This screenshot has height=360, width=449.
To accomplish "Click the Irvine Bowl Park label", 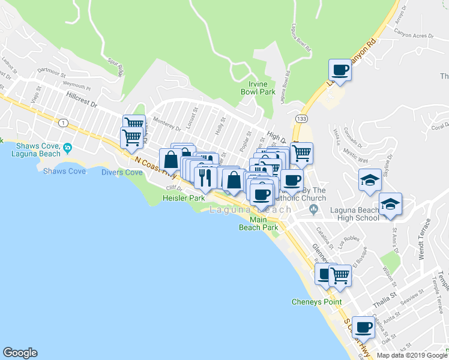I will (x=261, y=88).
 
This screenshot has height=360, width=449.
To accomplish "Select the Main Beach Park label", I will (x=259, y=223).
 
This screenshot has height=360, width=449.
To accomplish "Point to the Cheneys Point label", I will (x=316, y=302).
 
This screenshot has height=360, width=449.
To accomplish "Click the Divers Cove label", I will (x=122, y=172).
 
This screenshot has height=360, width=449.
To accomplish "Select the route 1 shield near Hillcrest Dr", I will (x=62, y=122).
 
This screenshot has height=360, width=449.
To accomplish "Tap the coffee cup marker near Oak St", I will (x=363, y=327).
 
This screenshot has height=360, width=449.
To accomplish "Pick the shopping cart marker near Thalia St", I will (x=340, y=275).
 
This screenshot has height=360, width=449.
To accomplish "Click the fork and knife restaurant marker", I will (x=205, y=176).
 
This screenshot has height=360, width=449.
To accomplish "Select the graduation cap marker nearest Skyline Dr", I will (x=370, y=179).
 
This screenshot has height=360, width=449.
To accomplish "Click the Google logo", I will (x=20, y=353).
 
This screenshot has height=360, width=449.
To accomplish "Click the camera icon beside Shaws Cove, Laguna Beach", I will (x=67, y=148).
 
